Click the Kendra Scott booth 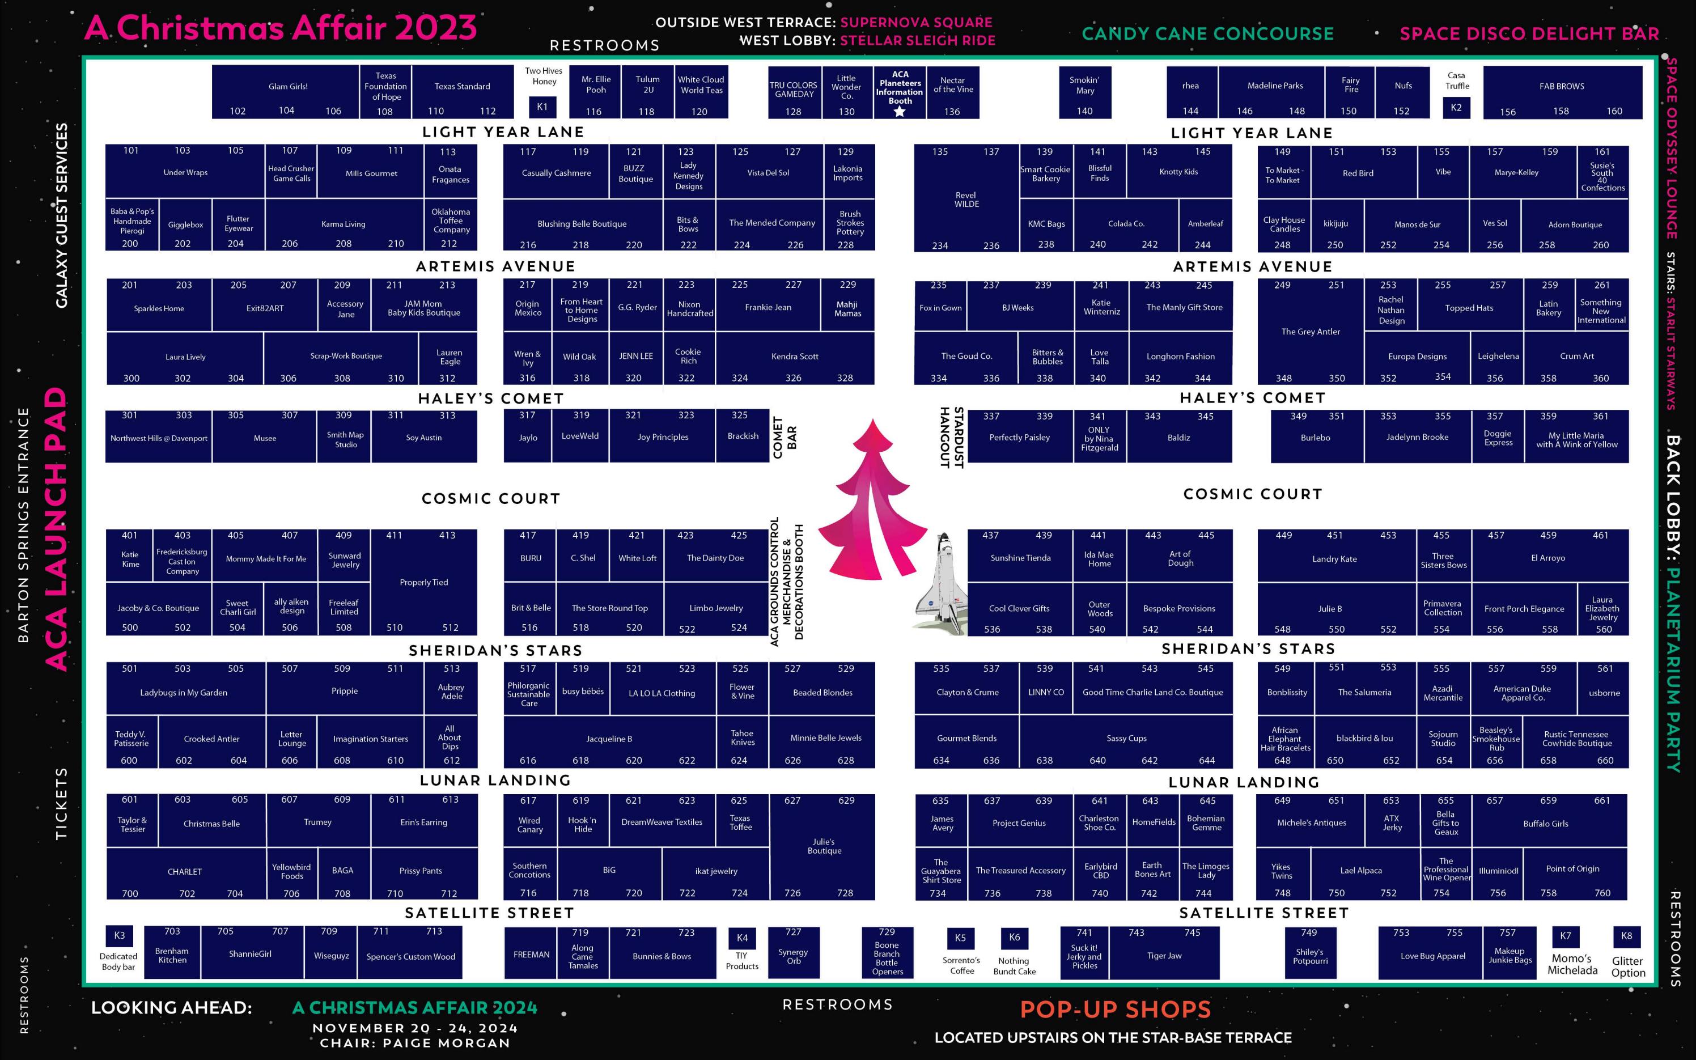[795, 358]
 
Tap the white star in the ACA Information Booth [900, 111]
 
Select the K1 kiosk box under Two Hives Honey [542, 107]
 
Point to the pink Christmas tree [871, 501]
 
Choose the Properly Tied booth [424, 583]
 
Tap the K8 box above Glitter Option [1627, 936]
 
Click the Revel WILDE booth [966, 200]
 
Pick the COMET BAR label [783, 438]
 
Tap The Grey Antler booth [1311, 332]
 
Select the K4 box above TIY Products [742, 938]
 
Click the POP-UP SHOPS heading [1115, 1010]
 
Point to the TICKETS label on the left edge [62, 803]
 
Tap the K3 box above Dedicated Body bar [119, 936]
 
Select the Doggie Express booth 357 [1498, 437]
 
